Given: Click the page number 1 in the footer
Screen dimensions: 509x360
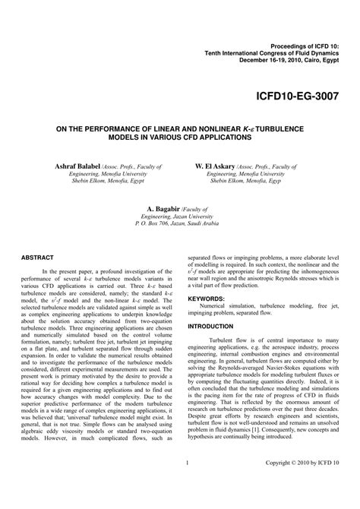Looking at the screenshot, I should pos(186,484).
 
